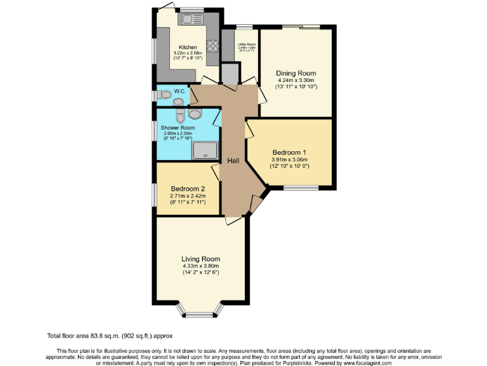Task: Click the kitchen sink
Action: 188,20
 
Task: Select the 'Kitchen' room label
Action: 188,48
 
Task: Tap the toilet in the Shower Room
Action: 181,116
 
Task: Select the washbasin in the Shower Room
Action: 195,114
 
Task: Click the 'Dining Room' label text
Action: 295,74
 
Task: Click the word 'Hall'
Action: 233,161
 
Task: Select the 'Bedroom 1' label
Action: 289,152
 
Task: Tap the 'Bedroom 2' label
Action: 188,189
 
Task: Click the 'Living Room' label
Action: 200,259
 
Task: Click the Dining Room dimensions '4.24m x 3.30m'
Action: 295,81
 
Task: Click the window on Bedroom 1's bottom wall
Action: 301,187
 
